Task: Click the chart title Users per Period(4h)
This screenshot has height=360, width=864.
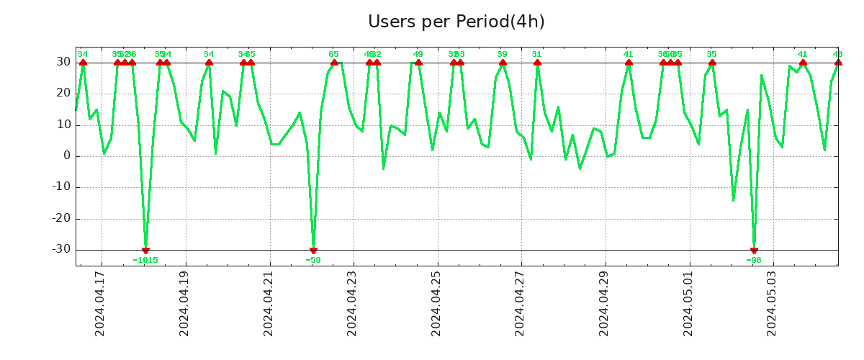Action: pos(456,22)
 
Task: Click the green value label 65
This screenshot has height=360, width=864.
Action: pos(333,54)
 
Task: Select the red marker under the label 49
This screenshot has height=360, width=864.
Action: pos(418,63)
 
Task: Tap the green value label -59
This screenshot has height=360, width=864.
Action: pos(313,260)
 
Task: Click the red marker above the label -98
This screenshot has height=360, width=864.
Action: pos(754,251)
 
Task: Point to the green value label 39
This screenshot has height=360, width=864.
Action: pos(502,54)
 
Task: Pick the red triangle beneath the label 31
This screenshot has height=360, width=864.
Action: pos(537,63)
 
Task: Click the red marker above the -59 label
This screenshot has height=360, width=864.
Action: pos(313,251)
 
